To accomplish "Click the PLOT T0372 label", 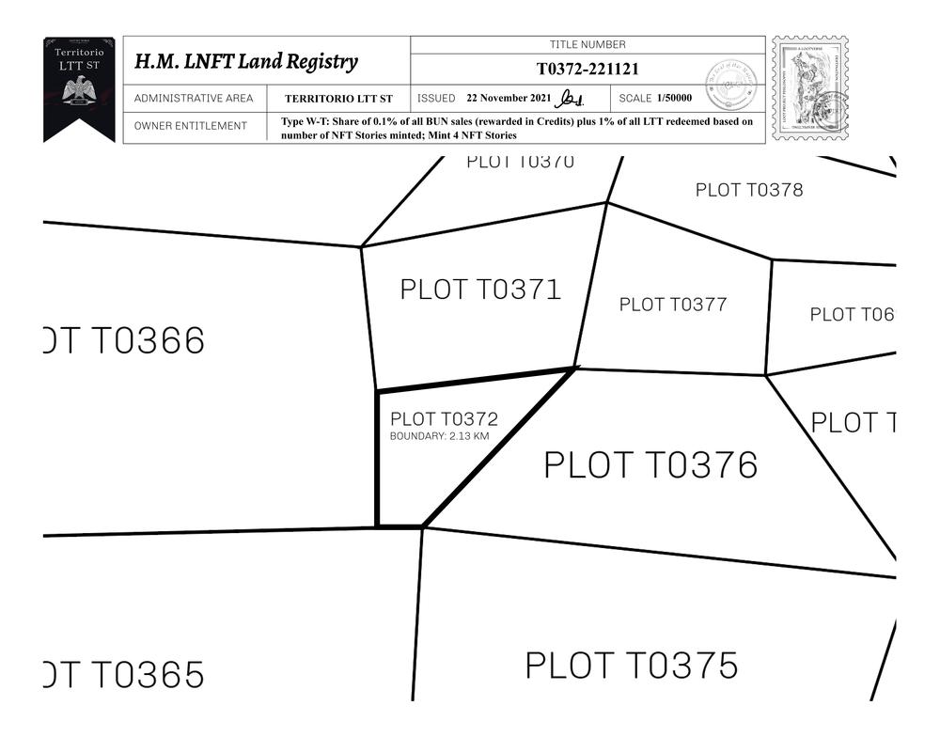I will pos(444,419).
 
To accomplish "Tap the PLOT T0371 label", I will pos(480,290).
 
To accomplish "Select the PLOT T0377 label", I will pos(672,305).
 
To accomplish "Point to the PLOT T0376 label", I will pos(650,465).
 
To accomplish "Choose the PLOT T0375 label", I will pos(631,666).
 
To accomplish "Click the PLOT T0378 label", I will pos(749,190).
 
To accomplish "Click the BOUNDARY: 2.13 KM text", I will pos(439,437).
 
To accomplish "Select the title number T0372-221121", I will pos(587,69).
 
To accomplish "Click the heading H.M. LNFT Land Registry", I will pos(246,62).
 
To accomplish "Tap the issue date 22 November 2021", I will pos(509,99).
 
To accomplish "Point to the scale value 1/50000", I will pos(674,99).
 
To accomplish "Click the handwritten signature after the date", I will pos(571,99).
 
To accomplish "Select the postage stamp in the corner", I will pos(809,89).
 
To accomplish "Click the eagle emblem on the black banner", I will pos(79,91).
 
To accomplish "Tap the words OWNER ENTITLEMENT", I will pos(191,126).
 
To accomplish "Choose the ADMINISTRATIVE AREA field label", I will pos(193,99).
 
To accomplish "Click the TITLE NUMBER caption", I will pos(587,45).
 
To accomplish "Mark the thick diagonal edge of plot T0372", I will pos(499,447).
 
